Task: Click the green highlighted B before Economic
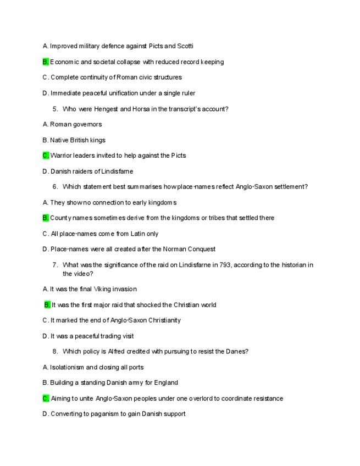coord(46,62)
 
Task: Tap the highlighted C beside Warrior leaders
coord(46,156)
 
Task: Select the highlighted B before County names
coord(46,218)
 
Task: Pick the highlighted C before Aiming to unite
coord(46,398)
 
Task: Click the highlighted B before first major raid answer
coord(47,305)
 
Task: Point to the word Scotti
coord(185,46)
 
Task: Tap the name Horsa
coord(140,109)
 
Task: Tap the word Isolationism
coord(67,368)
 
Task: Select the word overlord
coord(201,398)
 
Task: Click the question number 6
coord(56,187)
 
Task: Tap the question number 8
coord(56,352)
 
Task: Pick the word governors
coord(87,125)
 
